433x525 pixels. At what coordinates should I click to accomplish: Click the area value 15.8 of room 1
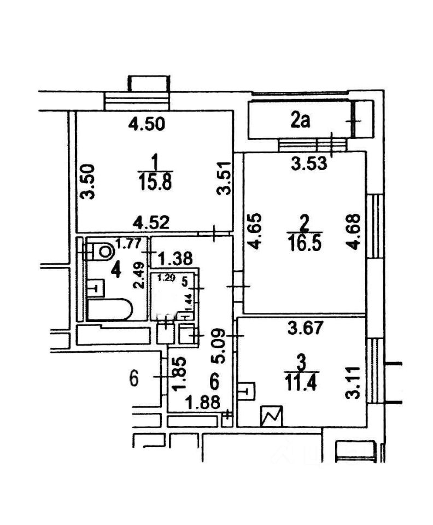[x=155, y=182]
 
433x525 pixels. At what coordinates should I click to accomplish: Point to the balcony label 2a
[x=300, y=120]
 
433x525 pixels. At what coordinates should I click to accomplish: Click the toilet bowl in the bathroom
[x=103, y=250]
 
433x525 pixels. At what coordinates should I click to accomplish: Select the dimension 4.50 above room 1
[x=145, y=125]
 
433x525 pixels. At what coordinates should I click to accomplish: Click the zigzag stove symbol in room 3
[x=272, y=416]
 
